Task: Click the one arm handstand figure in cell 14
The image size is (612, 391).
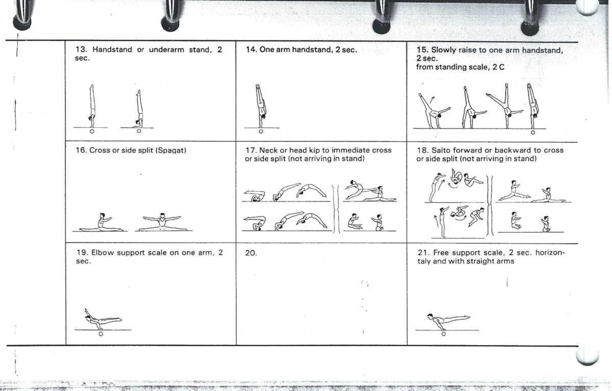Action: click(x=261, y=106)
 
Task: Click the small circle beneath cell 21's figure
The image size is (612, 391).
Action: click(x=444, y=334)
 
